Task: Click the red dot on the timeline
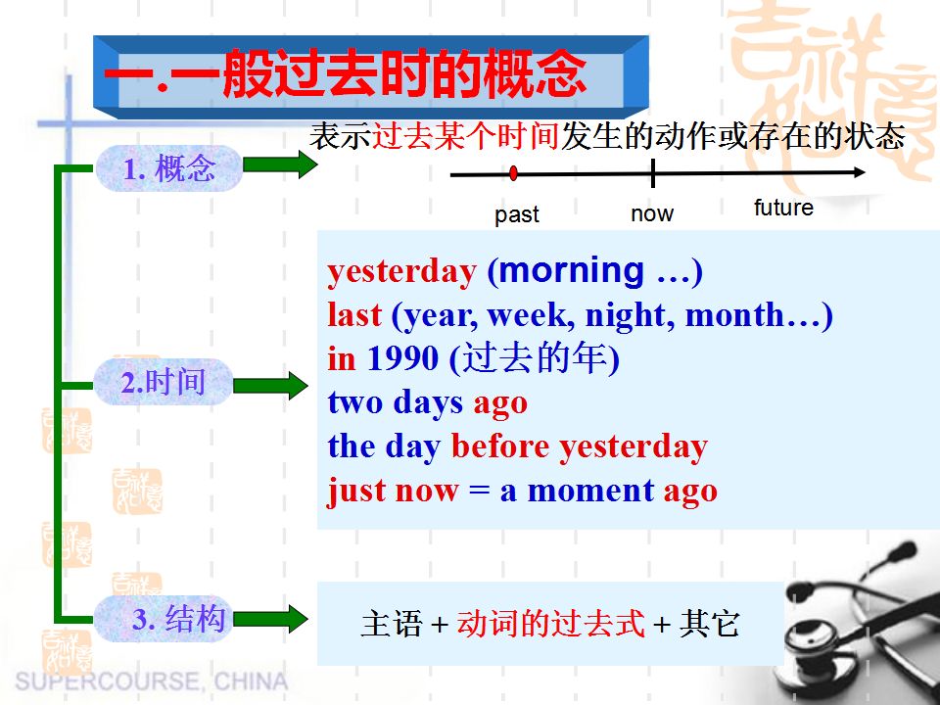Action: point(514,174)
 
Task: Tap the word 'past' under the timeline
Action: point(517,214)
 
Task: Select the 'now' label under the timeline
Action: point(652,213)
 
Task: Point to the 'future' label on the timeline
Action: point(783,208)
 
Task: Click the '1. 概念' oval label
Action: point(169,169)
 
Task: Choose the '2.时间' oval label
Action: point(164,382)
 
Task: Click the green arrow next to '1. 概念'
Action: point(279,164)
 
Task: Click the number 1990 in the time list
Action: point(402,359)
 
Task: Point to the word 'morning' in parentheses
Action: point(572,270)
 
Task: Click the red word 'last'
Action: point(354,315)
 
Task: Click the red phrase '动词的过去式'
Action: point(551,623)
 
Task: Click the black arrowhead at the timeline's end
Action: point(859,173)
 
